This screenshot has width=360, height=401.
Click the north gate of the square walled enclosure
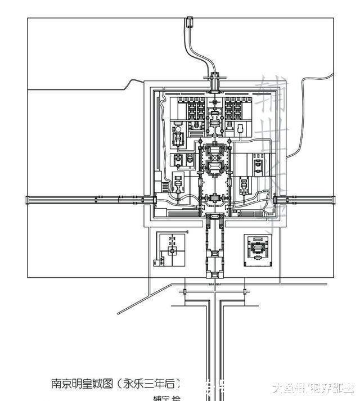tap(215, 83)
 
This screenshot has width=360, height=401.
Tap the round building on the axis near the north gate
tap(215, 119)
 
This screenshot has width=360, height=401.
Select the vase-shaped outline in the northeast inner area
tap(241, 130)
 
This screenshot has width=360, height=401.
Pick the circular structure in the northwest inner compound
tap(178, 137)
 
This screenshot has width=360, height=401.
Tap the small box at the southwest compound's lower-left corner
tap(155, 261)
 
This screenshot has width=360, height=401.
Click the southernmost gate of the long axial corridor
tap(215, 274)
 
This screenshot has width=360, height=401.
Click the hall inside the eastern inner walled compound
tap(258, 166)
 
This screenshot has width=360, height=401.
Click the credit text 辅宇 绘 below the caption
tap(167, 398)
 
